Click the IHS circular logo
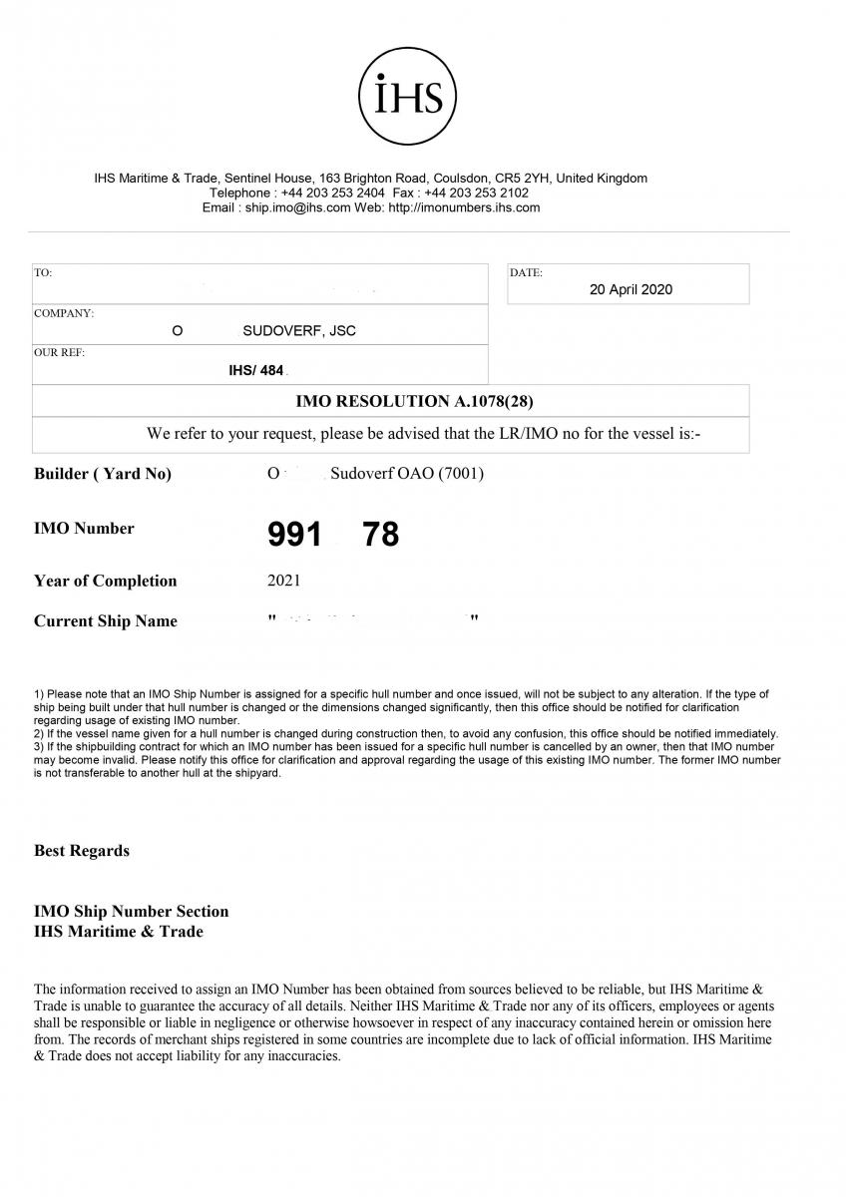[x=407, y=97]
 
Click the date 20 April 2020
[x=631, y=290]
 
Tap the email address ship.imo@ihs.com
[x=298, y=207]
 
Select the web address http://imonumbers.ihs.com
[x=463, y=207]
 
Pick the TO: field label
[x=43, y=272]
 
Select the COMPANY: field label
[x=64, y=313]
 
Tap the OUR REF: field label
[x=60, y=353]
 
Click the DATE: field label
[x=526, y=272]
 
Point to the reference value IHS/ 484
[x=256, y=371]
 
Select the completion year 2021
[x=283, y=581]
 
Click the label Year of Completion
[x=105, y=582]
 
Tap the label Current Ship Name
[x=105, y=621]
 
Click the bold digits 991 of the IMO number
[x=294, y=536]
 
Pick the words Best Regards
[x=82, y=851]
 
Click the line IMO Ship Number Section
[x=131, y=912]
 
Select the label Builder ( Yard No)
[x=103, y=475]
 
